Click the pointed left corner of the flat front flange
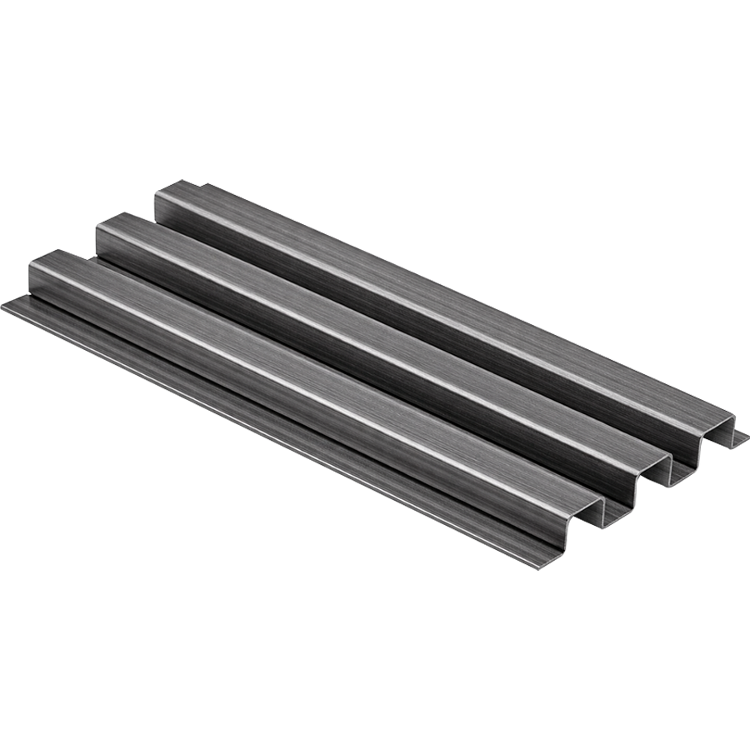pyautogui.click(x=4, y=306)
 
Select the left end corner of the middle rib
pyautogui.click(x=99, y=225)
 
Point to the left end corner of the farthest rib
pyautogui.click(x=157, y=194)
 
